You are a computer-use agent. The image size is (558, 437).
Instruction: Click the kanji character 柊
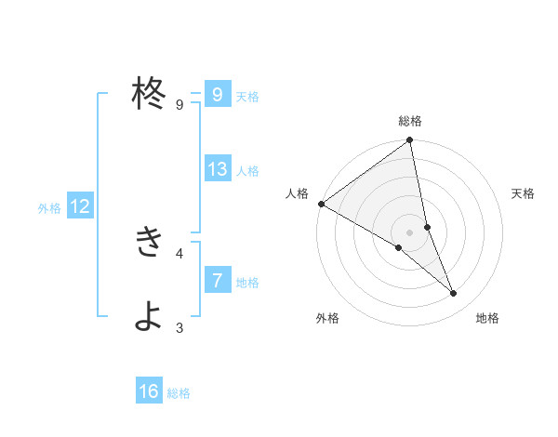[x=149, y=94]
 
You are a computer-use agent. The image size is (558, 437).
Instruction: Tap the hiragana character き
[x=149, y=243]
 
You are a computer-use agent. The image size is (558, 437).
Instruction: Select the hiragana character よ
[x=149, y=317]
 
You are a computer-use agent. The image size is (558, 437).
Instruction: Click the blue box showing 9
[x=217, y=95]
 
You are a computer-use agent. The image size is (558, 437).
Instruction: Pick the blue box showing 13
[x=217, y=169]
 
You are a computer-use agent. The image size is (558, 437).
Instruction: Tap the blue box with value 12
[x=79, y=206]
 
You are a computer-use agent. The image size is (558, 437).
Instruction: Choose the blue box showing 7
[x=217, y=280]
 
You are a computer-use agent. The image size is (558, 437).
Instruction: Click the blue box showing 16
[x=149, y=391]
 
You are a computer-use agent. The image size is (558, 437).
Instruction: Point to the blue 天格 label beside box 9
[x=247, y=96]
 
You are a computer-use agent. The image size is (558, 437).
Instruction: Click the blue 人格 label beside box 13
[x=247, y=171]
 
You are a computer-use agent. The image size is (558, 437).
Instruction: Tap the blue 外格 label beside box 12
[x=49, y=208]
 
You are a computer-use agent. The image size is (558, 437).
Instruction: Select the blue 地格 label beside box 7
[x=247, y=282]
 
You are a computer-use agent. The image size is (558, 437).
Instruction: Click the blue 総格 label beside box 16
[x=179, y=393]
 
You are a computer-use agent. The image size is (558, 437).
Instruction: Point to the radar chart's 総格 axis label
[x=410, y=121]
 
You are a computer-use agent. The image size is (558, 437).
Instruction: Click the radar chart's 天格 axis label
[x=523, y=193]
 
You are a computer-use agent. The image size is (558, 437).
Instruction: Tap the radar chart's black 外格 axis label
[x=327, y=319]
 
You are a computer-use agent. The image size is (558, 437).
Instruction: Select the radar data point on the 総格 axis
[x=410, y=141]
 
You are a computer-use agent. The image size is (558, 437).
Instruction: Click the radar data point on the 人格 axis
[x=321, y=204]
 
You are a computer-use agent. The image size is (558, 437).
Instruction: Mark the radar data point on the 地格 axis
[x=454, y=294]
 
